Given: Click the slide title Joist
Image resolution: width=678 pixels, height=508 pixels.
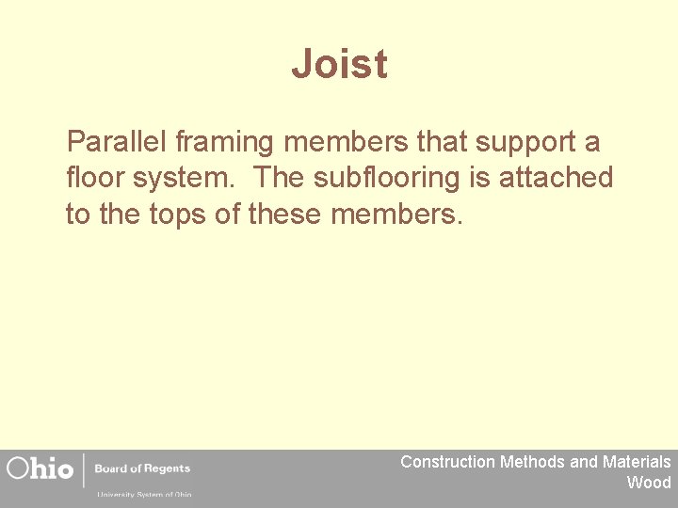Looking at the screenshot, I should (339, 64).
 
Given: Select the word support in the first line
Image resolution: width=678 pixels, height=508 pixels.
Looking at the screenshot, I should (526, 144).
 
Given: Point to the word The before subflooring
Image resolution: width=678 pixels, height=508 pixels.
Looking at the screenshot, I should (279, 177).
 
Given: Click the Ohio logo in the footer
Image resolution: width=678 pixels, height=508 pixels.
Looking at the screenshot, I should (40, 468).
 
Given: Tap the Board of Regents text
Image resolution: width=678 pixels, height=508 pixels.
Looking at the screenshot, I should (142, 468).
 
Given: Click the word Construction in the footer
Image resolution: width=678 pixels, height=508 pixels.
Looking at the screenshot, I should (447, 462).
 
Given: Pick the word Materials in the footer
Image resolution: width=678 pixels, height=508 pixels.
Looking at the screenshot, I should (637, 462).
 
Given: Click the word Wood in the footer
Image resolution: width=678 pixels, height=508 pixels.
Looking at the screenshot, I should (649, 483).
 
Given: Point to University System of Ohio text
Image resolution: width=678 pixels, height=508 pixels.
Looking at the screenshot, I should (143, 494).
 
